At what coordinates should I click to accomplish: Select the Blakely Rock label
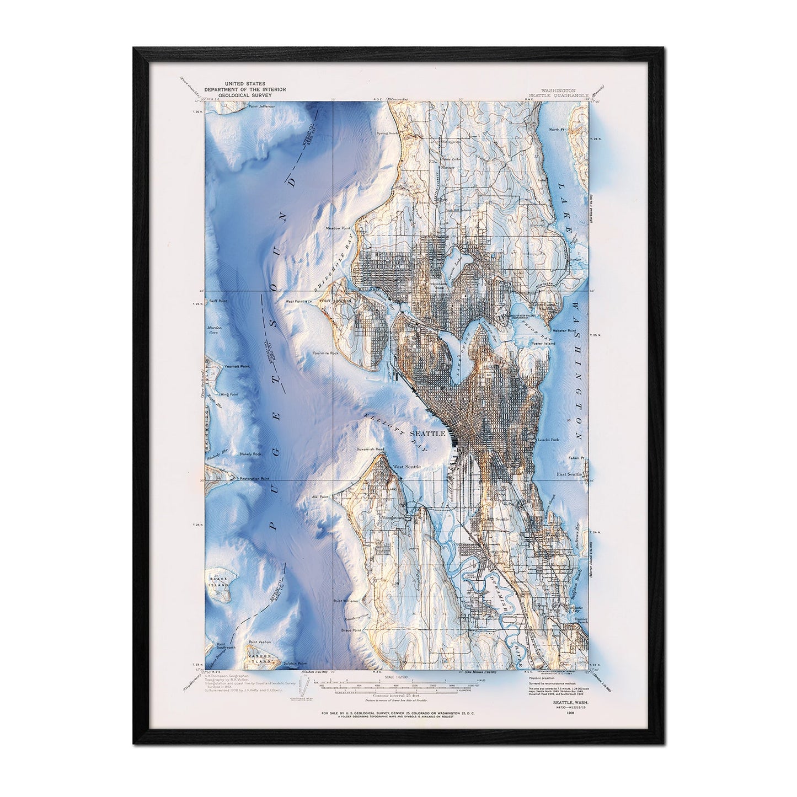point(250,453)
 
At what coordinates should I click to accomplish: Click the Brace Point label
point(350,630)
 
